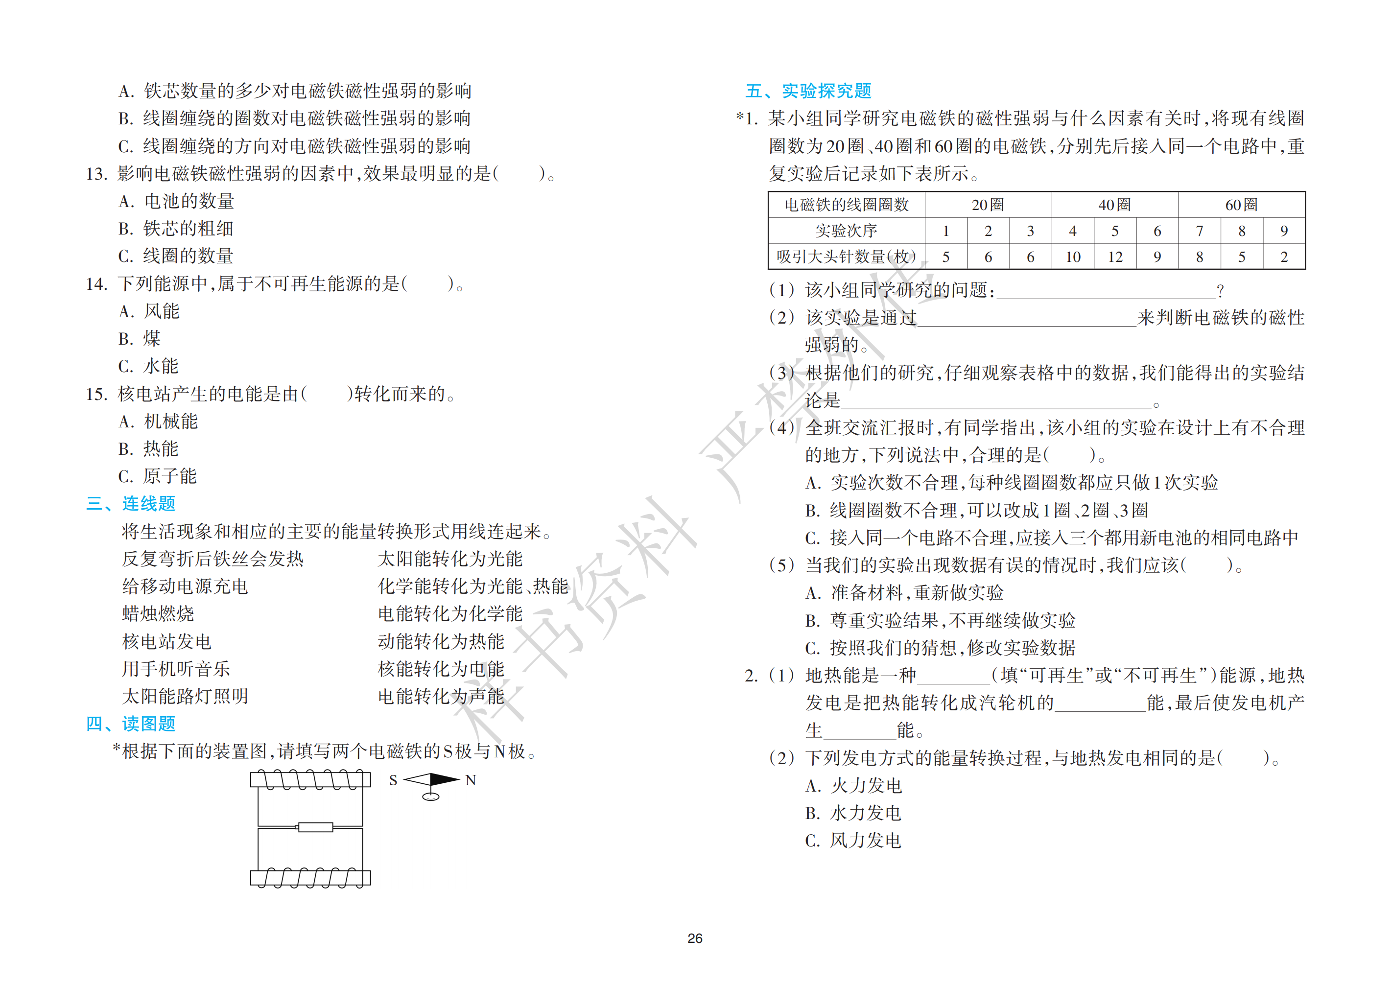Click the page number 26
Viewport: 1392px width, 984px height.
pos(695,938)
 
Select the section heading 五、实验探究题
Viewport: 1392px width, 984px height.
pos(808,91)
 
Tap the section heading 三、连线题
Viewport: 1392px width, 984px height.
pos(130,503)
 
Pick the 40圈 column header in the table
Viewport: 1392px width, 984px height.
pos(1114,205)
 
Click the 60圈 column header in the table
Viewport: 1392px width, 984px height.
pos(1241,205)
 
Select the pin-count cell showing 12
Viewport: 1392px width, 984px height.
pos(1115,257)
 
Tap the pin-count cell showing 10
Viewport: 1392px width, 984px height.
pos(1072,257)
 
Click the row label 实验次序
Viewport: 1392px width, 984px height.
pos(847,231)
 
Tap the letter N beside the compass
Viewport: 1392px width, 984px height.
pos(471,780)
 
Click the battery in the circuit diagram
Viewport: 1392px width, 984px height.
pos(315,827)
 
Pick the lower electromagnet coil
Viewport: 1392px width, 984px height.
pos(310,877)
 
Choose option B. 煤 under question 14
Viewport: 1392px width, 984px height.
pos(140,338)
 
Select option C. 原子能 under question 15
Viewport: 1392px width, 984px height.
pos(158,476)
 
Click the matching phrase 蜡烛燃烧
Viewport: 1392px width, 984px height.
pos(158,613)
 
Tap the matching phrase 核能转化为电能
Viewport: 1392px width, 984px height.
pos(441,669)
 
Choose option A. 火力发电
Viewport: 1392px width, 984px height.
pos(853,786)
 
